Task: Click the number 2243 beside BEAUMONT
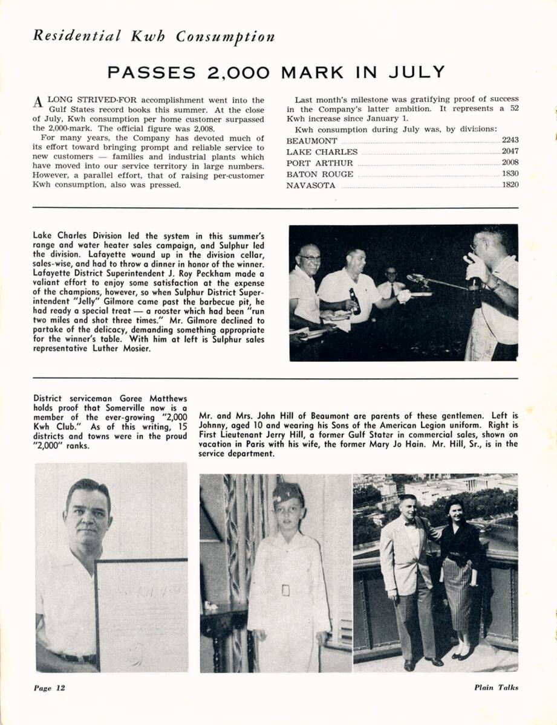pyautogui.click(x=510, y=141)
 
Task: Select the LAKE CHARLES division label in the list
pyautogui.click(x=322, y=152)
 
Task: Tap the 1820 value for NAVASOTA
pyautogui.click(x=510, y=185)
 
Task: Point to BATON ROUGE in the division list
pyautogui.click(x=320, y=175)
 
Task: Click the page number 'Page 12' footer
pyautogui.click(x=49, y=688)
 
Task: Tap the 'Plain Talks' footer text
pyautogui.click(x=496, y=688)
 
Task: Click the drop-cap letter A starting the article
pyautogui.click(x=38, y=102)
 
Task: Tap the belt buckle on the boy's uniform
pyautogui.click(x=285, y=590)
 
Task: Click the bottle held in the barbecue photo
pyautogui.click(x=354, y=300)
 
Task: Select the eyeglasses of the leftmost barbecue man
pyautogui.click(x=309, y=258)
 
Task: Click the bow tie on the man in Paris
pyautogui.click(x=410, y=523)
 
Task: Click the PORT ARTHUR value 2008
pyautogui.click(x=510, y=163)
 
